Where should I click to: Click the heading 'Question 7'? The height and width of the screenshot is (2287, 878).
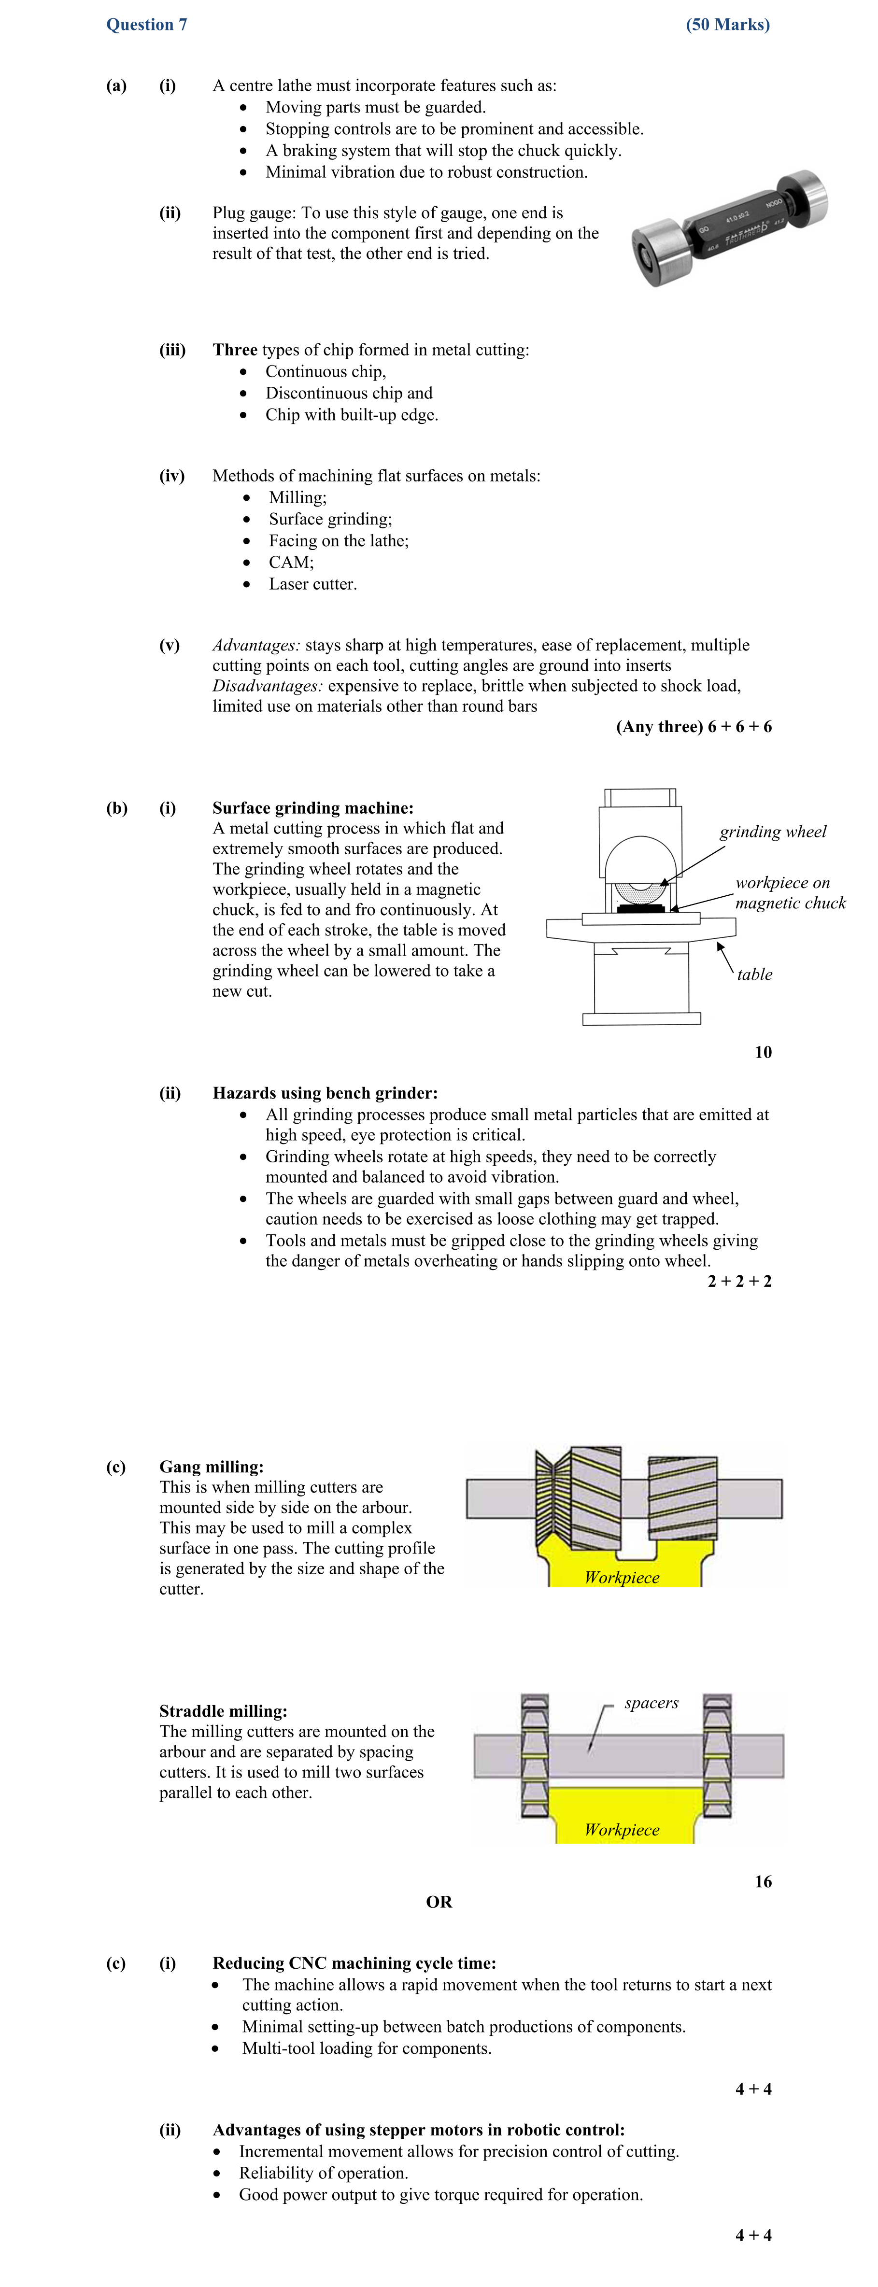[x=146, y=25]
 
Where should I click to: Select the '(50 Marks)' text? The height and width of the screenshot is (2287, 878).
[x=727, y=25]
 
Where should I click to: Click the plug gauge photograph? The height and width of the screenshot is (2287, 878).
[x=728, y=229]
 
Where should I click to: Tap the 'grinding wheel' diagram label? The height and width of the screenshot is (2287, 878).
[x=772, y=832]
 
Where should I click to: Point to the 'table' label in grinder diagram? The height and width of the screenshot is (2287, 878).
[x=754, y=974]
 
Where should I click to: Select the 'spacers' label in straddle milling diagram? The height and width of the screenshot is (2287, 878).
[x=651, y=1703]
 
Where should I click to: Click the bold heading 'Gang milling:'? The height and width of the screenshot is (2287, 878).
[x=211, y=1467]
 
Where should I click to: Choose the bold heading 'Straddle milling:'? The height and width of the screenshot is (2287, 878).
[x=223, y=1711]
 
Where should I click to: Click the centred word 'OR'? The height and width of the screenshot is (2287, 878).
[x=439, y=1902]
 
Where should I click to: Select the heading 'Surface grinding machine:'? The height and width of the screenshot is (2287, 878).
[x=312, y=808]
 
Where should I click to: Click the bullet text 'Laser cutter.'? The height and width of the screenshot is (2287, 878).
[x=312, y=584]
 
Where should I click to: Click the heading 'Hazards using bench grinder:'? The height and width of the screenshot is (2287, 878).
[x=325, y=1093]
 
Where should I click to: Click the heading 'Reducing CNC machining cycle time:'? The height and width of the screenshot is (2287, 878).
[x=354, y=1963]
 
